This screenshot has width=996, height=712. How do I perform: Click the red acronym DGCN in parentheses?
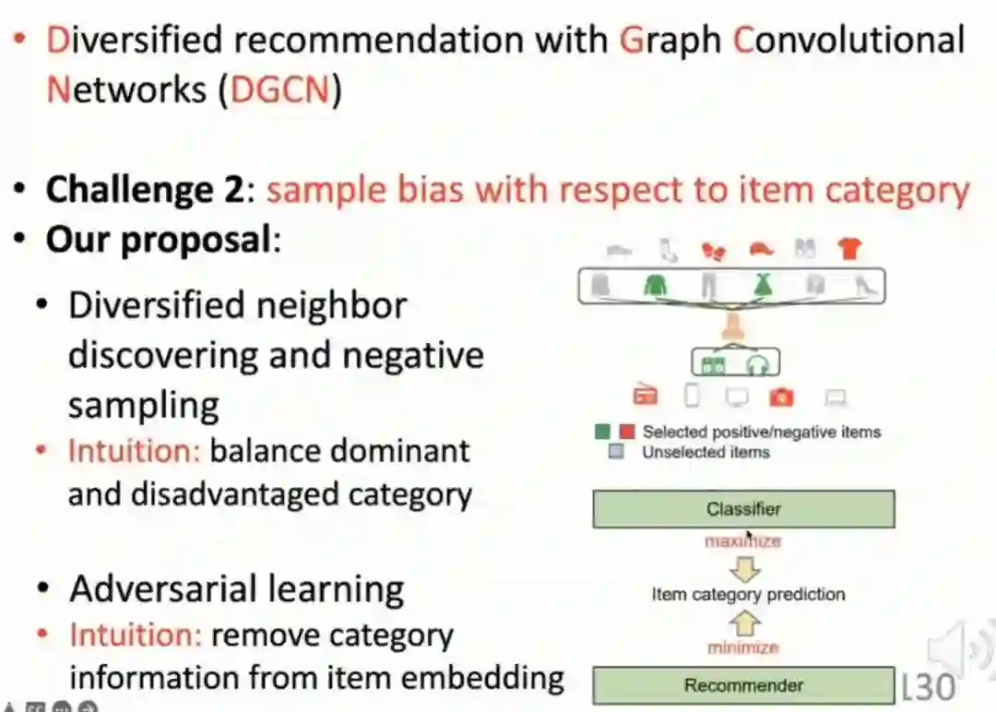click(x=280, y=90)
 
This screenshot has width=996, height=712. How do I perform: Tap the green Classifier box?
click(x=743, y=509)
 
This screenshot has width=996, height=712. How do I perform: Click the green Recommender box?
click(x=743, y=685)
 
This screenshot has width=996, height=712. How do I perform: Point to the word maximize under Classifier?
click(x=742, y=541)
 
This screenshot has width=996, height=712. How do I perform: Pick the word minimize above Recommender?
click(x=742, y=647)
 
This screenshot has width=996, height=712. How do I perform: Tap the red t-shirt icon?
click(x=848, y=248)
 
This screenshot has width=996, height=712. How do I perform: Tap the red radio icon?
click(x=645, y=397)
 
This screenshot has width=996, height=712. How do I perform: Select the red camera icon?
click(x=782, y=398)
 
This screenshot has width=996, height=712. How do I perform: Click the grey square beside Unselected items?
click(x=616, y=452)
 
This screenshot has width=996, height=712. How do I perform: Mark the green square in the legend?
click(x=603, y=431)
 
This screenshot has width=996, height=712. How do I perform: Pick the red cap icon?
click(x=759, y=248)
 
